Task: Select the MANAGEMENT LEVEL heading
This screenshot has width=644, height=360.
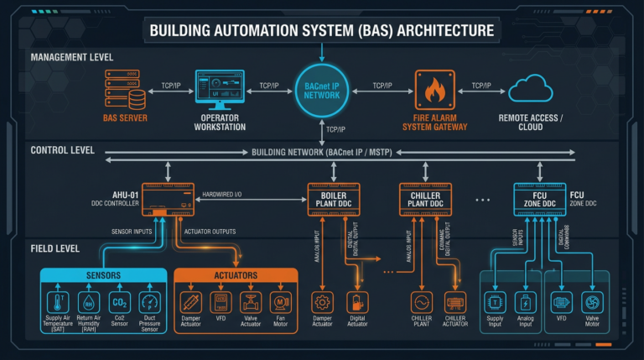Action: [x=72, y=57]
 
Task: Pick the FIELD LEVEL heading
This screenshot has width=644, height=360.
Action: [x=55, y=248]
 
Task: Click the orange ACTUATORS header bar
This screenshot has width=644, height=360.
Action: [x=236, y=275]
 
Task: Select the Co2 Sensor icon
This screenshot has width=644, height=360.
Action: [x=120, y=302]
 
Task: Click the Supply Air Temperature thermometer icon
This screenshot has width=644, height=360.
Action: [x=59, y=302]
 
